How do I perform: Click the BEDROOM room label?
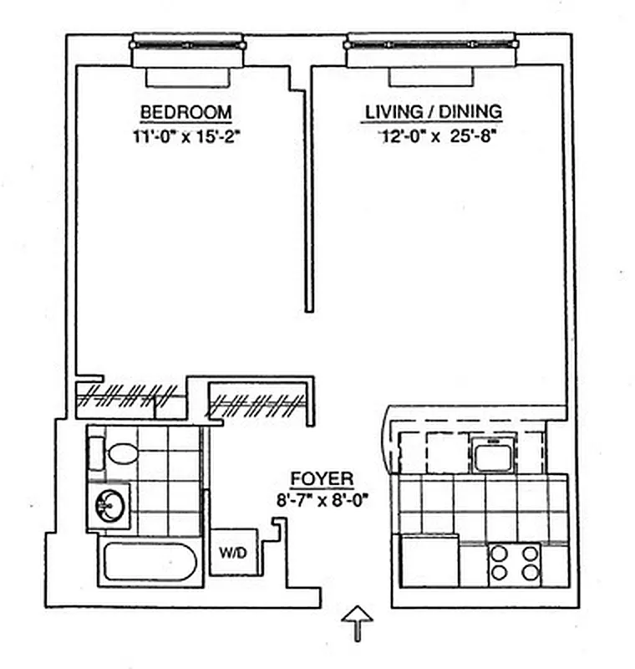coord(185,112)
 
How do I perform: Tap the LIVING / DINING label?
coord(433,111)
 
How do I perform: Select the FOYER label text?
coord(322,479)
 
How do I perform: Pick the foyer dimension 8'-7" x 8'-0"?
coord(323,499)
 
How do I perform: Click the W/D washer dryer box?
coord(230,553)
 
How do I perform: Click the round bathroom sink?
coord(110,506)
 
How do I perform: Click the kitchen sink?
coord(490,454)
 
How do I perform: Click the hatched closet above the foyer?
coord(259,405)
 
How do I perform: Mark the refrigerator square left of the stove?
coord(429,562)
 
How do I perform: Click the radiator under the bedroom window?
coord(188,76)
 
